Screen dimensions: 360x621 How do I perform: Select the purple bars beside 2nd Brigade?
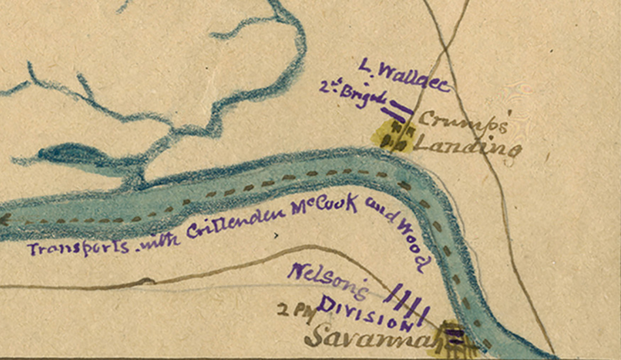[400, 108]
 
